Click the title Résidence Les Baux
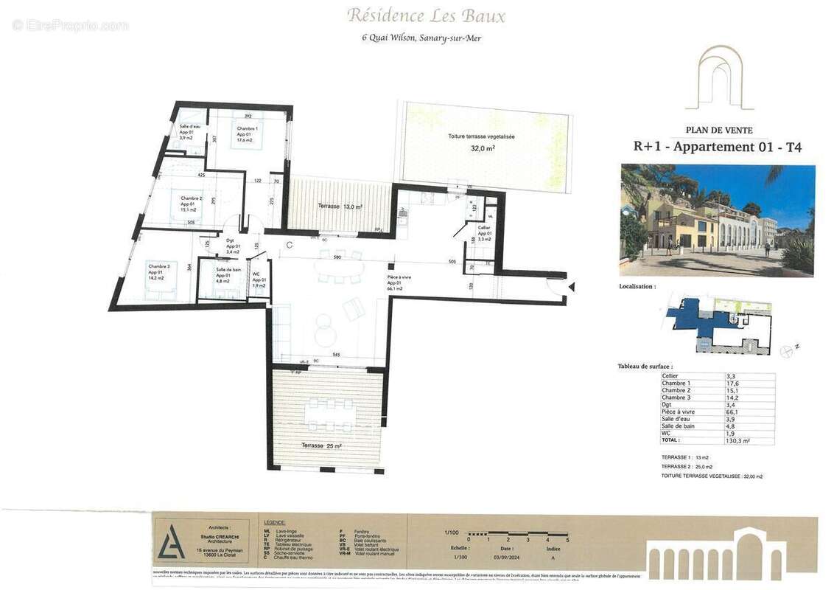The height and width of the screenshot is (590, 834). click(426, 15)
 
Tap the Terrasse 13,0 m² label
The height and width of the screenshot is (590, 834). click(340, 206)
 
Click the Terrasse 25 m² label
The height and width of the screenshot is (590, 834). click(321, 446)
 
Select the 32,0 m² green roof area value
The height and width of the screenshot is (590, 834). click(483, 148)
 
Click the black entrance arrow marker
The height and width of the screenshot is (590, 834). click(572, 286)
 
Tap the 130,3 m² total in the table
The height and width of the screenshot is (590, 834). click(737, 440)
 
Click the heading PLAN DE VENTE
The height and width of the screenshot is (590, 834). click(719, 130)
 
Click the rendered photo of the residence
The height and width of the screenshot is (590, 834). click(718, 220)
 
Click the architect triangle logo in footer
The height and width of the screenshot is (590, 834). click(170, 541)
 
